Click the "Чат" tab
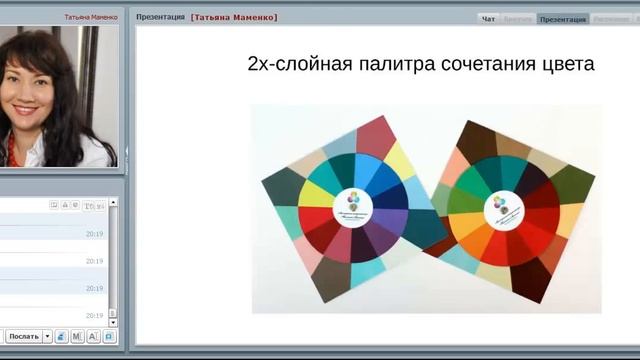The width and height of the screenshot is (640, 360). pos(488,18)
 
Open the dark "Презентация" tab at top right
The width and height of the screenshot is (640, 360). pos(562,18)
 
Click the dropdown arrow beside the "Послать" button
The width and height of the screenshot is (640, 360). pos(47,336)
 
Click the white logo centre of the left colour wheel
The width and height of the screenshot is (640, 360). pos(353,201)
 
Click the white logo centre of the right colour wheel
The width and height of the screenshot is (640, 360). pos(500,208)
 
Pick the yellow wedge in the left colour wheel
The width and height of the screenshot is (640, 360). pos(317,192)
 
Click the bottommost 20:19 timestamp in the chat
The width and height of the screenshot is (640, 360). pos(94,315)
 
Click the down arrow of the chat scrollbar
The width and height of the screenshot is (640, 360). pos(113,322)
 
